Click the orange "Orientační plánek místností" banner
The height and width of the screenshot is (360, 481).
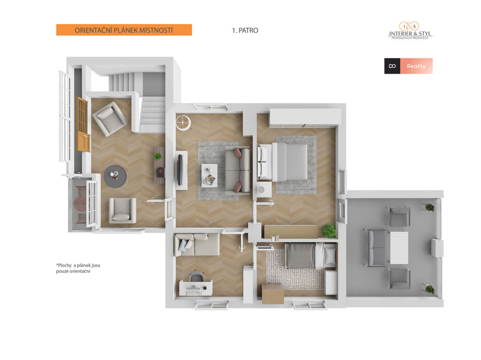pos(124,30)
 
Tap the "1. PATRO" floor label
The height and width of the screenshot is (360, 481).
pos(245,31)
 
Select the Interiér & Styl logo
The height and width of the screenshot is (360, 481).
pos(410,31)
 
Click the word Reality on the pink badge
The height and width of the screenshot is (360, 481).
pos(416,66)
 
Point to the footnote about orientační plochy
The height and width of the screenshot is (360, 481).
pos(78,268)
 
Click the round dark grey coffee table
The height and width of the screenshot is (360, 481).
pos(115,176)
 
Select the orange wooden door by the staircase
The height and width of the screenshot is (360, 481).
pos(83,125)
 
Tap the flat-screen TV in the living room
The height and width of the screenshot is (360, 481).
pos(180,169)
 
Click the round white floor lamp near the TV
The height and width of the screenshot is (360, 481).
pos(184,122)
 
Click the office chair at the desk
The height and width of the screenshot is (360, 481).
pos(196,276)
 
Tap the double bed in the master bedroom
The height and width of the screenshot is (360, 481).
pos(282,161)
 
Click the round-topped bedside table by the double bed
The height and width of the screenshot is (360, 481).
pos(264,190)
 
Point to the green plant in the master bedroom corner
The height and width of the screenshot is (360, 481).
pos(329,230)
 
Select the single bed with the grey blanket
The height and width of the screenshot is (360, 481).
pos(310,256)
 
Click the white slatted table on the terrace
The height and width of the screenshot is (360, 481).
pos(399,248)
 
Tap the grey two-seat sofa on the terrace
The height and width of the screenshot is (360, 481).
pos(377,247)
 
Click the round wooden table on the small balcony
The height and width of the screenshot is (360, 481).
pos(80,202)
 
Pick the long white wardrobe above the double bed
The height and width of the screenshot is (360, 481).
pos(305,117)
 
